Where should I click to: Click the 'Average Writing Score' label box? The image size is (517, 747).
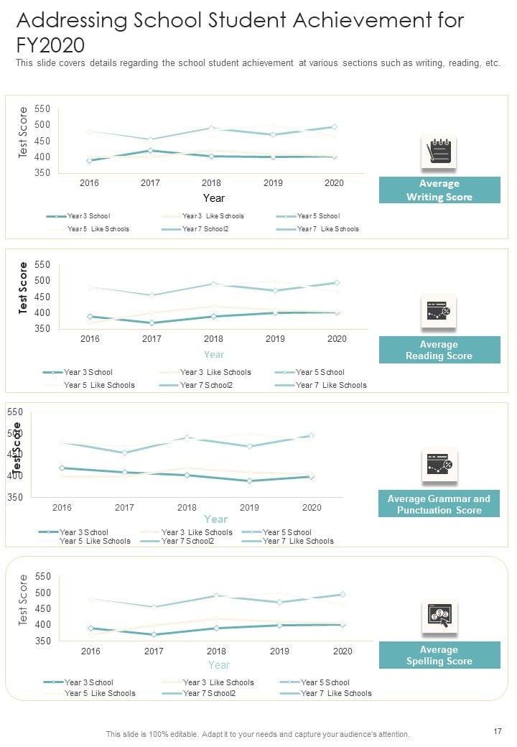(x=439, y=190)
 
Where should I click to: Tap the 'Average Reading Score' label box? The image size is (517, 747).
(x=439, y=351)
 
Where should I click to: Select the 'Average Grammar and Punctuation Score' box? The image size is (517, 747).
(x=439, y=504)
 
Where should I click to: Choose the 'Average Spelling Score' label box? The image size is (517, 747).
(x=439, y=656)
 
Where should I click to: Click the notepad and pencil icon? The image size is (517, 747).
(x=439, y=152)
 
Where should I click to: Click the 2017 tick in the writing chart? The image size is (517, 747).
(x=150, y=183)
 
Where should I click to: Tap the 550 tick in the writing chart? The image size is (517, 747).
(x=42, y=109)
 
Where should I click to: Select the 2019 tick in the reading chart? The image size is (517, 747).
(x=275, y=339)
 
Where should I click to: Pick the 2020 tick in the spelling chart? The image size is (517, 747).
(x=343, y=651)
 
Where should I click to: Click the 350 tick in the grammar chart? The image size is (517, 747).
(x=16, y=497)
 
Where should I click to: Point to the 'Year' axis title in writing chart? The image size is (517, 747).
(x=213, y=198)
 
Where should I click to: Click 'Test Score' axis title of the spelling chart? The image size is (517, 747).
(x=23, y=600)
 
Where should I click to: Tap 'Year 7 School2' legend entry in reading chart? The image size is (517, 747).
(x=208, y=386)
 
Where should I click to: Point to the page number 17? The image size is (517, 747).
(x=498, y=731)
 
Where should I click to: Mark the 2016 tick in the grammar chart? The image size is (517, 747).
(x=62, y=508)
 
